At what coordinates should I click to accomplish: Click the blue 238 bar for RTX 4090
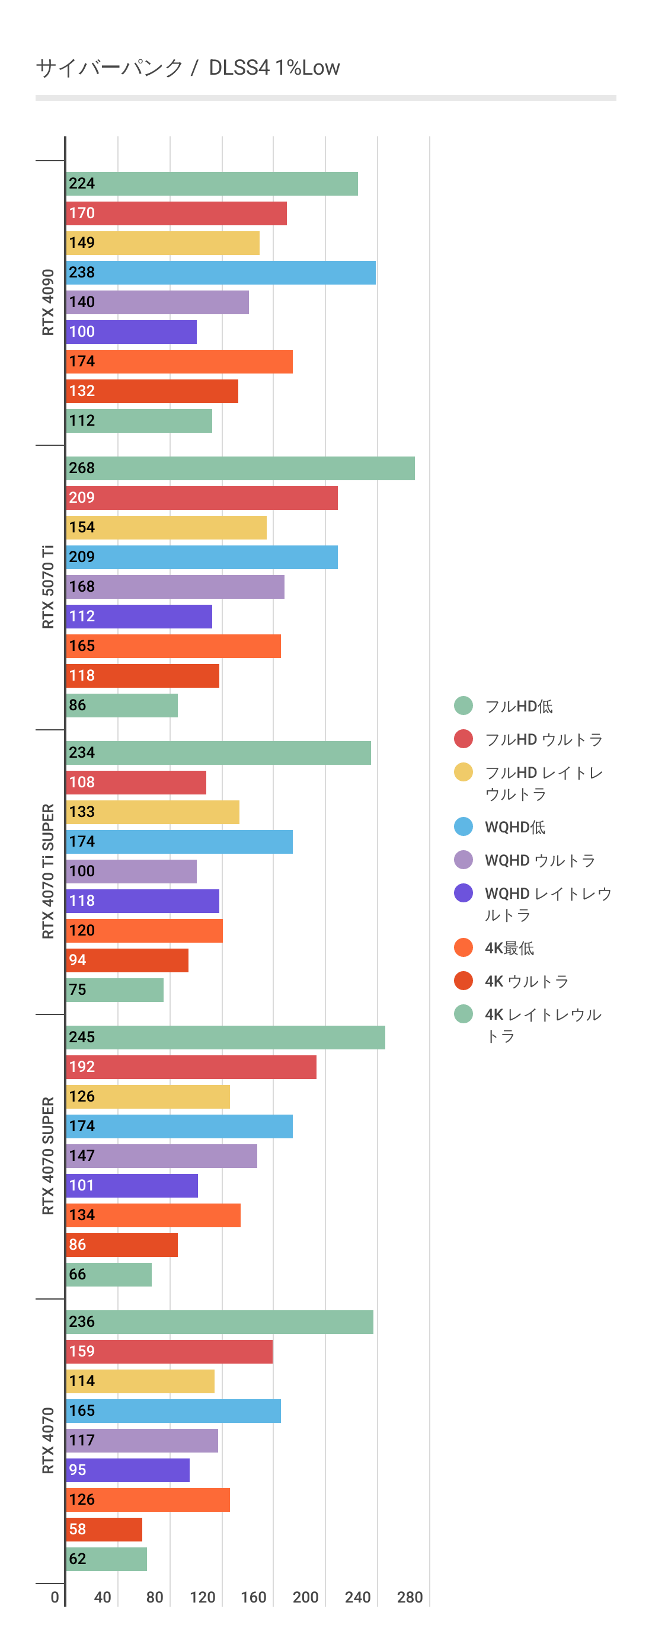click(x=220, y=273)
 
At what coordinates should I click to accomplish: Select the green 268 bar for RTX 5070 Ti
click(x=239, y=468)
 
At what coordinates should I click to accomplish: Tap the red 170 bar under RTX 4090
click(x=176, y=213)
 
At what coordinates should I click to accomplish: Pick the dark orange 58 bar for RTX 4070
click(x=104, y=1530)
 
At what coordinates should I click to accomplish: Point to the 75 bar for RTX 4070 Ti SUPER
click(x=114, y=990)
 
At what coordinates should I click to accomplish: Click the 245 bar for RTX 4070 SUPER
click(x=225, y=1038)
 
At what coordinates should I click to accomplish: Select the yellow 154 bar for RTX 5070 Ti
click(x=166, y=528)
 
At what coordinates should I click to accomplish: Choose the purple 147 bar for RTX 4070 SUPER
click(x=161, y=1156)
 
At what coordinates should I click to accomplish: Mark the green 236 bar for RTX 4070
click(x=219, y=1322)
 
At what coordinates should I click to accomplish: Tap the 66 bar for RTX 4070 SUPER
click(x=108, y=1275)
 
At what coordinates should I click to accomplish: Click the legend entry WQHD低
click(x=514, y=827)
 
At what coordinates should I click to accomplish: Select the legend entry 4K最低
click(x=509, y=948)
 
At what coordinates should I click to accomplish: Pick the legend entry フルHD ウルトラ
click(x=544, y=740)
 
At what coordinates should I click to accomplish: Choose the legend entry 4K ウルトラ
click(x=526, y=981)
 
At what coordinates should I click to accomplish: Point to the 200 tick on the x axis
click(x=305, y=1598)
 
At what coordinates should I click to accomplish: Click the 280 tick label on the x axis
click(x=410, y=1598)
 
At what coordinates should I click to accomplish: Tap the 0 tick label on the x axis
click(x=55, y=1598)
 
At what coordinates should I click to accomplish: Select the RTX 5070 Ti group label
click(x=48, y=587)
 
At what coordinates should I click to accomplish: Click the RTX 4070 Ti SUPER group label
click(x=48, y=872)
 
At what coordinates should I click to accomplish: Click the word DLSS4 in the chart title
click(x=239, y=68)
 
